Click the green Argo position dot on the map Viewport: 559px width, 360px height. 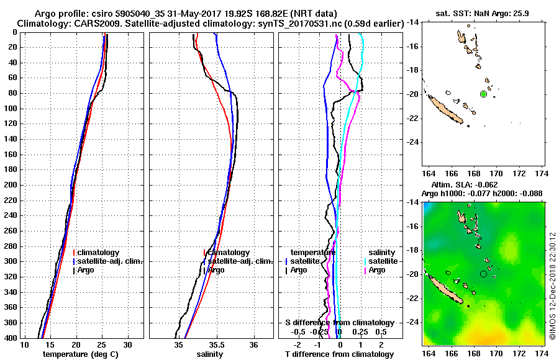pyautogui.click(x=483, y=94)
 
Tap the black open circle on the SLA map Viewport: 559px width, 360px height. pyautogui.click(x=483, y=274)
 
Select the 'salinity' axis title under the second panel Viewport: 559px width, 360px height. pyautogui.click(x=210, y=354)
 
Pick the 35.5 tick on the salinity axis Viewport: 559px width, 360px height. pyautogui.click(x=216, y=344)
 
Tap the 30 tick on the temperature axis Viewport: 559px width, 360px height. pyautogui.click(x=127, y=344)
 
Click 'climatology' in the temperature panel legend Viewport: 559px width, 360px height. pyautogui.click(x=98, y=253)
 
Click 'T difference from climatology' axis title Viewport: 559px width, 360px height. pyautogui.click(x=339, y=354)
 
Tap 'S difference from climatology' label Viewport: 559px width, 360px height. pyautogui.click(x=339, y=323)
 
